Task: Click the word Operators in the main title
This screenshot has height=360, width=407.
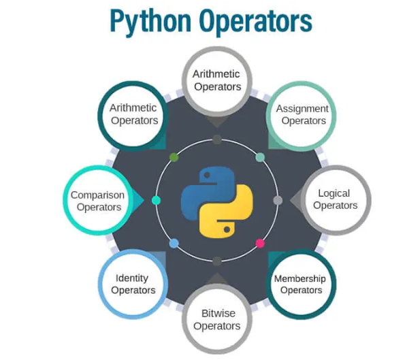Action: (255, 22)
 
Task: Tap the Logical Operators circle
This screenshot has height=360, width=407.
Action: (335, 199)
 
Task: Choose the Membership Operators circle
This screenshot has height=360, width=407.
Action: (299, 284)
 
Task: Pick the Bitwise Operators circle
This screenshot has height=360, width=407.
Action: (216, 319)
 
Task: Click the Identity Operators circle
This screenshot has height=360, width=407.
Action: (133, 284)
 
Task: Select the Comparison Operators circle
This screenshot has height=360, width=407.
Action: (98, 199)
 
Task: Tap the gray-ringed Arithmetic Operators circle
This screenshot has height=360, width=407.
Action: (216, 80)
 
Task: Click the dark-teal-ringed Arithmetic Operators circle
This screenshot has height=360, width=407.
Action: (134, 114)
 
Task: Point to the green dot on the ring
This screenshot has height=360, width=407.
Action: (174, 157)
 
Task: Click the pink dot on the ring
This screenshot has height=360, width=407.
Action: (260, 243)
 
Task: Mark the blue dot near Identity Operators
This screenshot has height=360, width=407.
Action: (174, 243)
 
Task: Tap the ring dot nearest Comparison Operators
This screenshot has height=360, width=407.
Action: (156, 200)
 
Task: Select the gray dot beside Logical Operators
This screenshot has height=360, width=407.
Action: (278, 200)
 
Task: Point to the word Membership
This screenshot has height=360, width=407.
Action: (299, 278)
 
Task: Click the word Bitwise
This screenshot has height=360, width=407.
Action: (216, 314)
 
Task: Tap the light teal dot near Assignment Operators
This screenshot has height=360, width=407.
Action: (260, 157)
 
